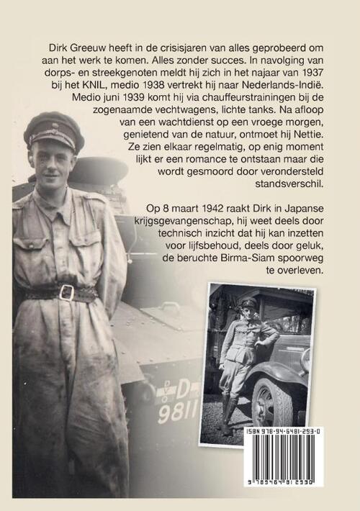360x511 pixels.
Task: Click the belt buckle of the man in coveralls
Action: click(67, 291)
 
